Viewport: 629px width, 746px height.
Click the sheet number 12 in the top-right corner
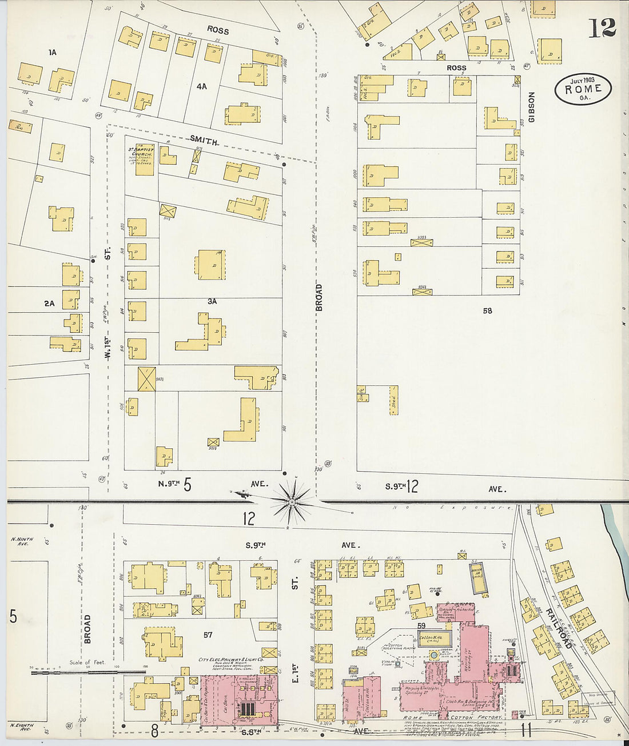point(602,27)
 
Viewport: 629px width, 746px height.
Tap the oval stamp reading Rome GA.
point(583,89)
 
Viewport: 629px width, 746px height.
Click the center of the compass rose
point(292,502)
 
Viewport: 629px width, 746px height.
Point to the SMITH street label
point(204,139)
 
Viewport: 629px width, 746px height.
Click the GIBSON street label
point(531,107)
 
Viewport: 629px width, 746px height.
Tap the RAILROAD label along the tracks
point(558,628)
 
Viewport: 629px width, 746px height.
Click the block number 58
point(487,310)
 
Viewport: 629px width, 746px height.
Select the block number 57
point(208,635)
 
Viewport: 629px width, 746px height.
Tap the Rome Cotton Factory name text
point(452,717)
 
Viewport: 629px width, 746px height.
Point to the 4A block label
point(201,86)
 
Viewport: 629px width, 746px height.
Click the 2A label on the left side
point(49,304)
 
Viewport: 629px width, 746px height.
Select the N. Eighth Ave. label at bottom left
point(22,727)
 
